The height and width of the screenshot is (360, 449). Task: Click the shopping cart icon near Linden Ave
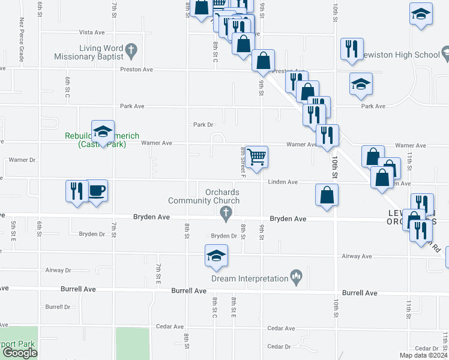(256, 157)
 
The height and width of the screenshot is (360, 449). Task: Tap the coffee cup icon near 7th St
(97, 191)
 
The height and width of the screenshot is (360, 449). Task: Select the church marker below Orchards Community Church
(226, 212)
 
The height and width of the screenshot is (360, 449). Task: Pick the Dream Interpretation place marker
(295, 276)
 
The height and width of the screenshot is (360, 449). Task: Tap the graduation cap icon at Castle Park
(103, 131)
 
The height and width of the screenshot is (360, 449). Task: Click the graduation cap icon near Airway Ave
(216, 256)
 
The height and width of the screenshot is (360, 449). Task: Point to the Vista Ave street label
(92, 32)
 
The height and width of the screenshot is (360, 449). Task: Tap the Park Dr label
(203, 125)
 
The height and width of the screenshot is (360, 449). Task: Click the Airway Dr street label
(58, 271)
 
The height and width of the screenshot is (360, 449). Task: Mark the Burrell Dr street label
(58, 307)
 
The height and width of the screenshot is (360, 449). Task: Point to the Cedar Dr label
(279, 346)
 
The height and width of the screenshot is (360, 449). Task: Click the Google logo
(20, 353)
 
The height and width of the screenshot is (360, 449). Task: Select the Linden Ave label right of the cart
(283, 182)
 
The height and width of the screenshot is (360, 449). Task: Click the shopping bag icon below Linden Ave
(327, 195)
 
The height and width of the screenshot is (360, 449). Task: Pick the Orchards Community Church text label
(204, 196)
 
